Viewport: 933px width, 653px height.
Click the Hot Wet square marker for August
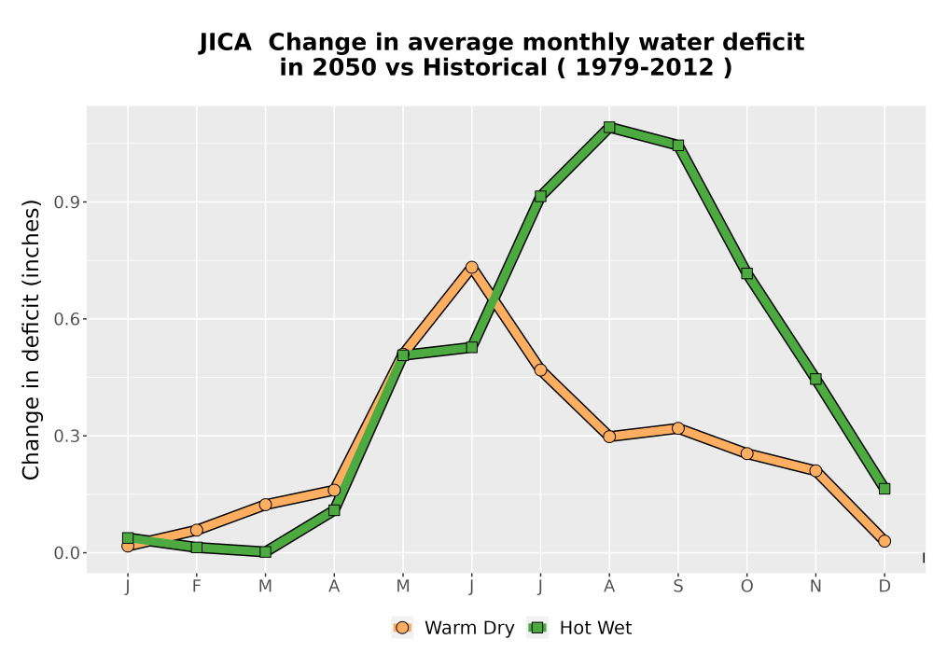(608, 127)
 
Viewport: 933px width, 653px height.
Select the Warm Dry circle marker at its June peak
(472, 268)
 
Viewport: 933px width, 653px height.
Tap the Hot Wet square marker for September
(677, 146)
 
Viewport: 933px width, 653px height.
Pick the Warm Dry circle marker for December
(884, 541)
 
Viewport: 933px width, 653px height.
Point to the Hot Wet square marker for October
(746, 273)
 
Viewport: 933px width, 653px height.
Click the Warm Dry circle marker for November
(815, 471)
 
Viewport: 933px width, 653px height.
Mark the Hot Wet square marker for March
(265, 552)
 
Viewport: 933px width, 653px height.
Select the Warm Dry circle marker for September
(677, 428)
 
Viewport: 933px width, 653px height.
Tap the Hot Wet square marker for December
(884, 489)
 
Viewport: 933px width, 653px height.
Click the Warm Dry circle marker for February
(196, 530)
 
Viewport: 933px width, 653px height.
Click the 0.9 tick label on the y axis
(66, 202)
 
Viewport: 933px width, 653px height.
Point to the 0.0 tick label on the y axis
(66, 553)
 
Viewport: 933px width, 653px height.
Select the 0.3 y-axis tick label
(66, 436)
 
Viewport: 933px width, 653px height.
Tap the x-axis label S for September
(677, 587)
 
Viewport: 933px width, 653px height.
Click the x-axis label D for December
(884, 587)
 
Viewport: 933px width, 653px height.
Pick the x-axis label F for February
(196, 587)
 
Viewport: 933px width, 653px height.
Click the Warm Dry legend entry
(453, 628)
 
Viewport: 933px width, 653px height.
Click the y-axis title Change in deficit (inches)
(31, 340)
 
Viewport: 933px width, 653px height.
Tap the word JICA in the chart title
(225, 43)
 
